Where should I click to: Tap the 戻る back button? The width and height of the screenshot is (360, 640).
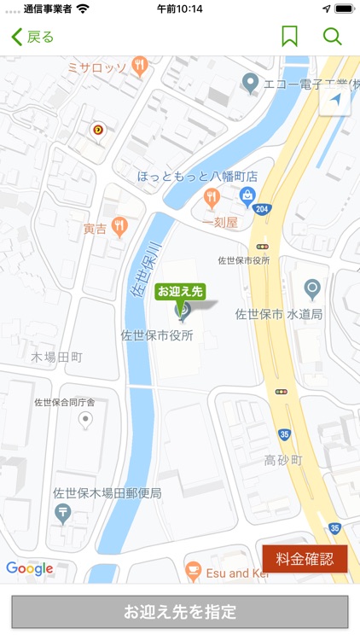tap(32, 37)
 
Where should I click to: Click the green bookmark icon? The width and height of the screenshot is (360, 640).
tap(289, 37)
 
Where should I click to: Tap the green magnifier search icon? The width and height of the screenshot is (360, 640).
tap(332, 37)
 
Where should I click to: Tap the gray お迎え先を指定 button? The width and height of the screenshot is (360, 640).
tap(180, 612)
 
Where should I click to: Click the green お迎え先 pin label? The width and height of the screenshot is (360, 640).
tap(180, 292)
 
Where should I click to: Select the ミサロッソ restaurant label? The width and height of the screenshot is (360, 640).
tap(97, 67)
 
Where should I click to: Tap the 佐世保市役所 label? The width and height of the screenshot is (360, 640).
tap(157, 335)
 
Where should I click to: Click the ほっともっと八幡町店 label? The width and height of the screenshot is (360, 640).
tap(198, 176)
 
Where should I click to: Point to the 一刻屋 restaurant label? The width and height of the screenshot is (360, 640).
tap(219, 222)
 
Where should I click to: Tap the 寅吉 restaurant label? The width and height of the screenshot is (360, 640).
tap(95, 229)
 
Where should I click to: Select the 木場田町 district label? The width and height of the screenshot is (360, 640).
tap(56, 356)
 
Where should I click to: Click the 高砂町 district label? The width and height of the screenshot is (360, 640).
tap(283, 460)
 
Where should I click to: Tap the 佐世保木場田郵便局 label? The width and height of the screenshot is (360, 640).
tap(107, 492)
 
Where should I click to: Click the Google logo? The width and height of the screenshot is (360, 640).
tap(30, 568)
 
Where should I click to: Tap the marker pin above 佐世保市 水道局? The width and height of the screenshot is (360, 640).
tap(313, 289)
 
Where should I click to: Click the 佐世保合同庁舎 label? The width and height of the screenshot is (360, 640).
tap(65, 402)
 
